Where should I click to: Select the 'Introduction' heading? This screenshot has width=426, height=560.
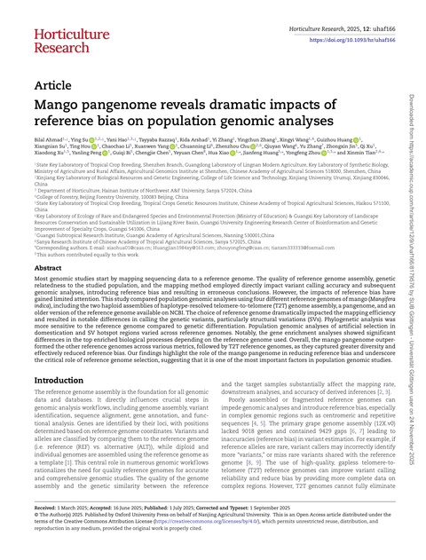point(66,380)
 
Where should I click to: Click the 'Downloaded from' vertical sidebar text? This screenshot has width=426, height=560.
point(414,71)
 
